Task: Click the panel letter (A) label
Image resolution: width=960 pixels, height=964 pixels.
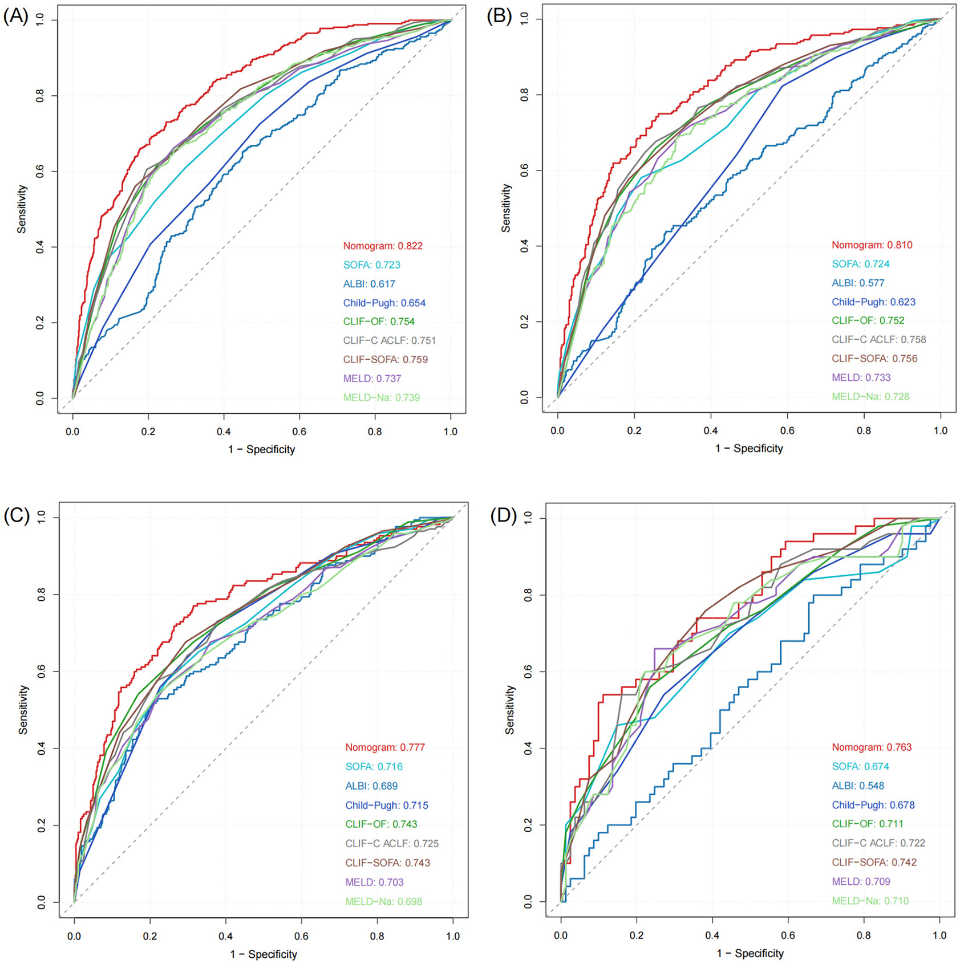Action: click(15, 17)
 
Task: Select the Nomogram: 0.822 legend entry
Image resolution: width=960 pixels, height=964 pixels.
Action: click(383, 246)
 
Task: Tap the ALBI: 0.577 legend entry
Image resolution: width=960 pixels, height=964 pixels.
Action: click(858, 283)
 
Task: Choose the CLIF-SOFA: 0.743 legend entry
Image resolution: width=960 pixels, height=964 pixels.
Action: click(387, 863)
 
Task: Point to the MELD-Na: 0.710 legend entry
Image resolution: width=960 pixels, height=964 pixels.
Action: click(870, 901)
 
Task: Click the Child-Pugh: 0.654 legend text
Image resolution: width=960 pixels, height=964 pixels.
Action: click(384, 303)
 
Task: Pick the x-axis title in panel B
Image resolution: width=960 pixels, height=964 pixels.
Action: click(749, 448)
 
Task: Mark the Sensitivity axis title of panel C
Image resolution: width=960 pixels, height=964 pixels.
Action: click(23, 709)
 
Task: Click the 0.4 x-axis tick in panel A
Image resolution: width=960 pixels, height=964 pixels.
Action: click(224, 432)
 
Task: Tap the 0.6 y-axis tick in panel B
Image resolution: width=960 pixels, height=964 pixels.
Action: click(524, 170)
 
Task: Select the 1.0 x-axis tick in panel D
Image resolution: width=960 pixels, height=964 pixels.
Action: click(939, 935)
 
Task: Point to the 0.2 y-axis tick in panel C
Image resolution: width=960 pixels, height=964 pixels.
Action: click(41, 825)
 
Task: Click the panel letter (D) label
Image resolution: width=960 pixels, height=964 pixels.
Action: click(503, 516)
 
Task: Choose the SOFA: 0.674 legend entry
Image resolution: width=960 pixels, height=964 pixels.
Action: click(860, 766)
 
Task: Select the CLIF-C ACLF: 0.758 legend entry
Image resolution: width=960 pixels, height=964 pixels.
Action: click(878, 339)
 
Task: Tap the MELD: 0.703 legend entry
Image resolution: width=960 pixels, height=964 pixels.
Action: click(374, 882)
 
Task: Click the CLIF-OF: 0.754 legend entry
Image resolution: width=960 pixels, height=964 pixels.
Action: click(379, 322)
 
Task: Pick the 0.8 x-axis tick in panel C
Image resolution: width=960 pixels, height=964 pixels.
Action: click(377, 936)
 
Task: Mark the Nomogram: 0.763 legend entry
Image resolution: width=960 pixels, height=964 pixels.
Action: click(872, 747)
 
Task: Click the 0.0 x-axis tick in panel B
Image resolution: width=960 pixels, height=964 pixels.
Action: click(557, 430)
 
